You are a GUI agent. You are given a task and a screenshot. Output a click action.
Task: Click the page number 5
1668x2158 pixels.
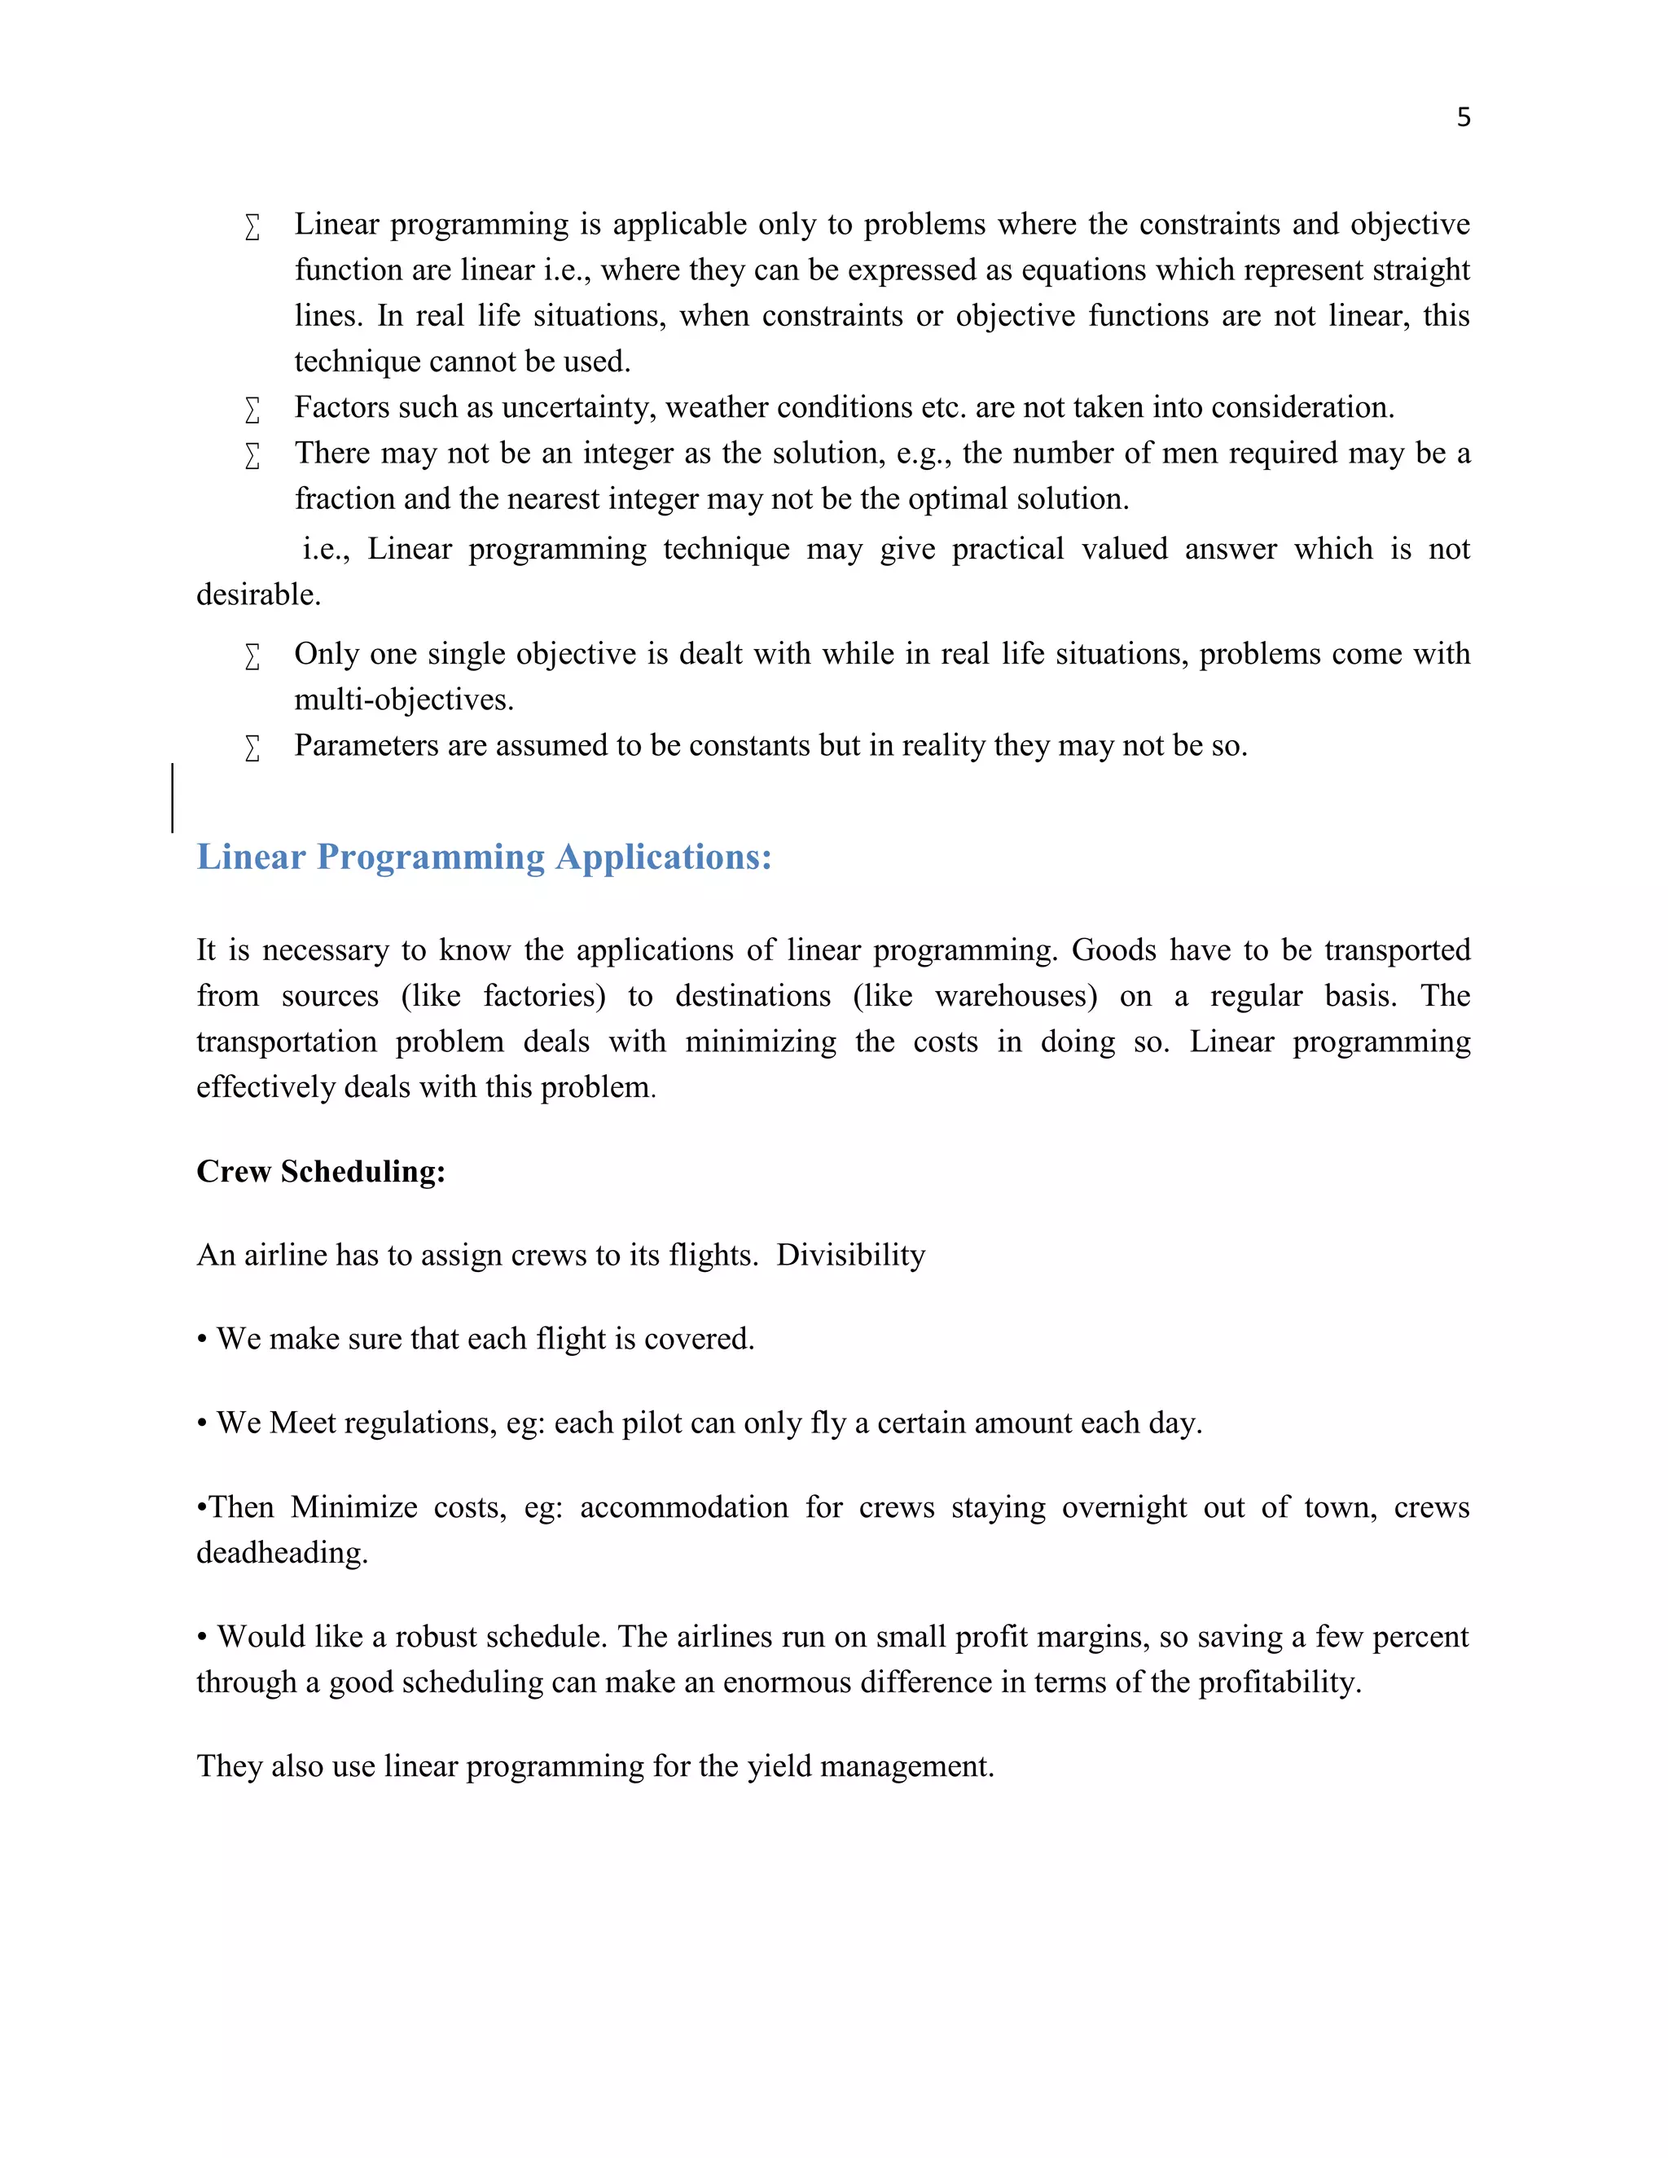(x=1464, y=117)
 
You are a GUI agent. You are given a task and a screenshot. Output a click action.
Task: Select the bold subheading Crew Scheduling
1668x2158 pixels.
(x=321, y=1171)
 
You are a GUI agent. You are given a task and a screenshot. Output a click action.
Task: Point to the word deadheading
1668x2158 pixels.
(x=282, y=1552)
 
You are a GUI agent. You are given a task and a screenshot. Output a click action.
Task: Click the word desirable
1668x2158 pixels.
(x=258, y=594)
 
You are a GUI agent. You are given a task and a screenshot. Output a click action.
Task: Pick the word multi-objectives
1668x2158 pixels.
(x=403, y=700)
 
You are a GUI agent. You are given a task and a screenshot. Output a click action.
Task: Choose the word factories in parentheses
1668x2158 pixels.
(x=543, y=996)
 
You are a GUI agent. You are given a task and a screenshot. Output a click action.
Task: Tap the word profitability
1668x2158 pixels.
(x=1280, y=1682)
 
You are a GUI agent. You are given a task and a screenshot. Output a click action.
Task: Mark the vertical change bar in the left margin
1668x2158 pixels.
(x=173, y=797)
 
